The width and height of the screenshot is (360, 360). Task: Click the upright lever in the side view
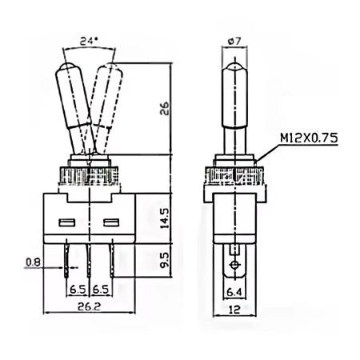point(234,104)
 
